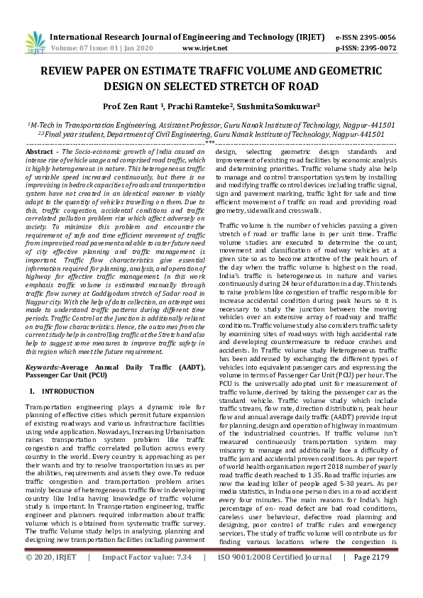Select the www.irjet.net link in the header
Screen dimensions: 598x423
[204, 48]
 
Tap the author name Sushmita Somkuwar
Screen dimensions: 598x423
[282, 106]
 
